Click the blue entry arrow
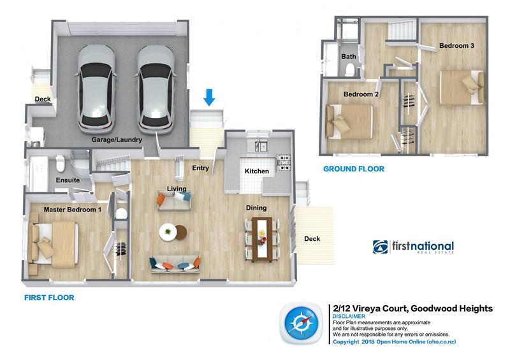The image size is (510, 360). (209, 97)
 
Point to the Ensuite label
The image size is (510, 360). (67, 180)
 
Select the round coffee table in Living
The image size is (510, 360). (169, 231)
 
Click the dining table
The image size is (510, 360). (263, 238)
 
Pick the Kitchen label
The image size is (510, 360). (257, 171)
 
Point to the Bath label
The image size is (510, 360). (349, 57)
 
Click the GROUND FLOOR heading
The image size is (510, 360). (354, 169)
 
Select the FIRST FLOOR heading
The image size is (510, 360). (49, 298)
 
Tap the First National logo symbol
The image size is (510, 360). (381, 247)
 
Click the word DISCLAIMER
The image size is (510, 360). (349, 317)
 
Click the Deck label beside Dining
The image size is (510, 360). (312, 239)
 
